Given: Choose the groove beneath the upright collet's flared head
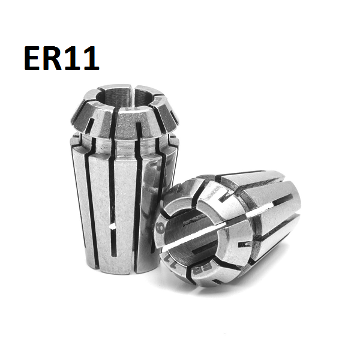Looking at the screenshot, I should point(123,144).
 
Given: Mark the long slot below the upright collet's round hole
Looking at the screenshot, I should point(114,252).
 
